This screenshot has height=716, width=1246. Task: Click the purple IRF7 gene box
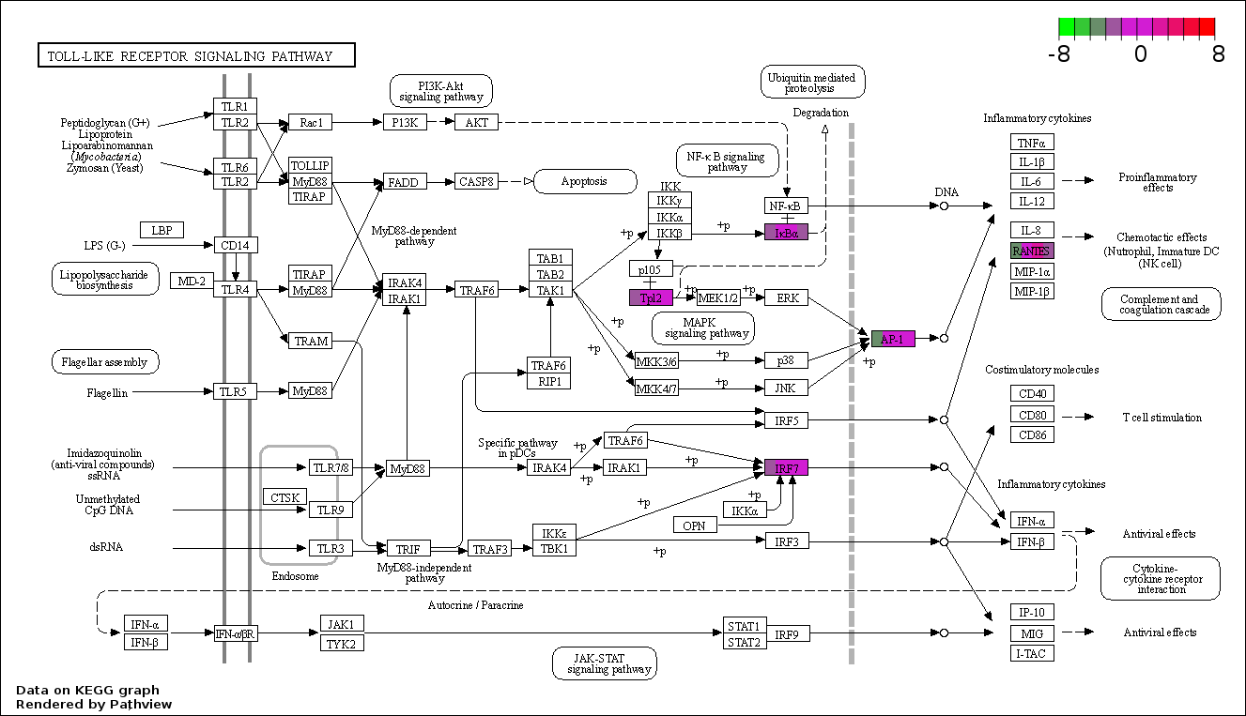coord(786,467)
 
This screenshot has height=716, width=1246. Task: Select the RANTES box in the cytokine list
coord(1032,251)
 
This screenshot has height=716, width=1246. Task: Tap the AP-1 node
coord(893,339)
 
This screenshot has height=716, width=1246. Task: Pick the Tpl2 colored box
coord(651,298)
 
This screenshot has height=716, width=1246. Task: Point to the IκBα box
coord(786,233)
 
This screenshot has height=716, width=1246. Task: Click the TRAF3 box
coord(489,549)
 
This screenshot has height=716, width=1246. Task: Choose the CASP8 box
coord(476,181)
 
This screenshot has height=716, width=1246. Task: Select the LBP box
coord(162,230)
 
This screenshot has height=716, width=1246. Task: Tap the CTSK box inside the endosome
coord(285,497)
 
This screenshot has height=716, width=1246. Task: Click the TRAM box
coord(311,341)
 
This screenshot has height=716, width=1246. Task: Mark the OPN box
coord(695,525)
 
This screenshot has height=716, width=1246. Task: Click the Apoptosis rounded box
coord(585,181)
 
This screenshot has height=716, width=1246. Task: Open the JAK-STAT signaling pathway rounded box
coord(605,663)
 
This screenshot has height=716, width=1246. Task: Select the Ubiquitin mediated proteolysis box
coord(813,83)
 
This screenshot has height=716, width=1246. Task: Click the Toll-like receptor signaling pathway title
coord(196,55)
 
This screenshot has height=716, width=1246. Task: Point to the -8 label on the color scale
coord(1058,53)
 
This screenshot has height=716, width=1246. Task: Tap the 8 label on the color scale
coord(1218,53)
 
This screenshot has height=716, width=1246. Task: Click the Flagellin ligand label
coord(107,393)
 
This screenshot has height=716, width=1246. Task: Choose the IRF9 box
coord(787,633)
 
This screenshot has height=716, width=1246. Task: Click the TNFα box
coord(1032,143)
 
